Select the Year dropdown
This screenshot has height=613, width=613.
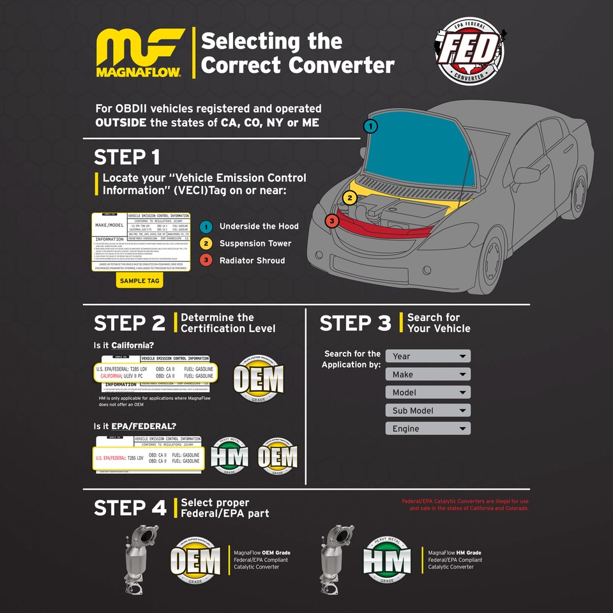(x=428, y=356)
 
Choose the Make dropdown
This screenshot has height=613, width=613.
(x=428, y=374)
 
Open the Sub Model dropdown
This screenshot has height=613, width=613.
(x=428, y=411)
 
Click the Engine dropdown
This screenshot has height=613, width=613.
(x=428, y=428)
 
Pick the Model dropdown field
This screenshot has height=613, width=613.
(x=428, y=392)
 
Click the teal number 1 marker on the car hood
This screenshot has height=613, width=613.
(x=371, y=126)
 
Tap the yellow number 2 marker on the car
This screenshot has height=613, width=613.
(x=349, y=198)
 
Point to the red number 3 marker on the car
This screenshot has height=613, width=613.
(x=331, y=221)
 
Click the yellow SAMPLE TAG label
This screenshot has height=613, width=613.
(x=140, y=280)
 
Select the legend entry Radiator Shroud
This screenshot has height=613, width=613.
(x=252, y=261)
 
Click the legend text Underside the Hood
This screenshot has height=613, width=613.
(x=259, y=226)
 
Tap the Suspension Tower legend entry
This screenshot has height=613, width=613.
(x=255, y=243)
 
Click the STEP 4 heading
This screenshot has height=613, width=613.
(x=130, y=508)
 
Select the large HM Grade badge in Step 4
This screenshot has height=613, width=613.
(x=387, y=560)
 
